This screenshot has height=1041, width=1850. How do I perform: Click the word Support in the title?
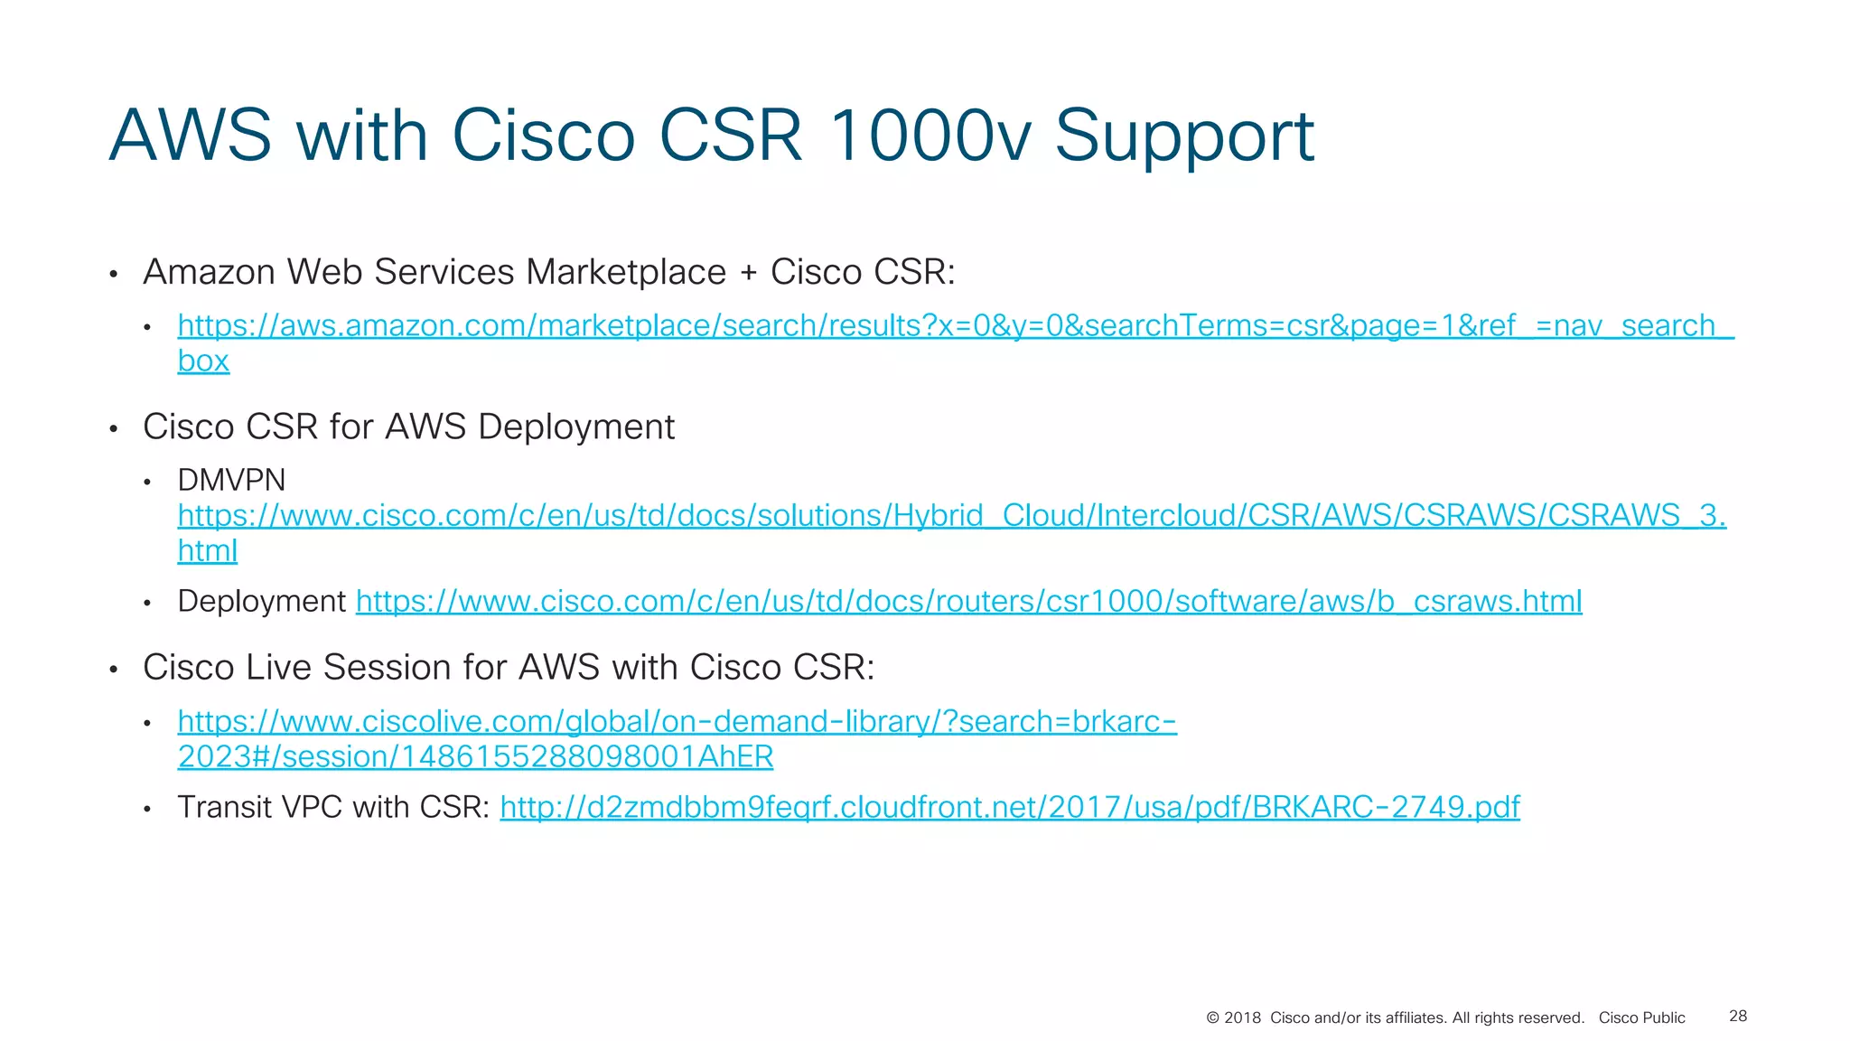coord(1183,137)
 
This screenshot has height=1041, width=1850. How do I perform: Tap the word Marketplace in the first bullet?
coord(626,272)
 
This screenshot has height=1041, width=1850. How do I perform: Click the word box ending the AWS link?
coord(203,361)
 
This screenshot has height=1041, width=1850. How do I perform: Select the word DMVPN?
coord(231,480)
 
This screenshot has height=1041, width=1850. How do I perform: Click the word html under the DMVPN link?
coord(207,550)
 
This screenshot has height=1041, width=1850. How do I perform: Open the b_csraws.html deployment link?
coord(968,602)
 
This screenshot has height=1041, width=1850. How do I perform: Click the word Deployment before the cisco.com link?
coord(261,602)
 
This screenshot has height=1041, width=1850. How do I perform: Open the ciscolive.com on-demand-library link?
coord(677,722)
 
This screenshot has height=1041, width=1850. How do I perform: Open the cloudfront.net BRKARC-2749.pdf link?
coord(1009,807)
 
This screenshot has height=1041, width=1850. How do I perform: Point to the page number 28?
coord(1737,1017)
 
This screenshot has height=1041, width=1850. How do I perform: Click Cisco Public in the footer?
coord(1641,1018)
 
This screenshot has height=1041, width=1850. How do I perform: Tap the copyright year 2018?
coord(1242,1018)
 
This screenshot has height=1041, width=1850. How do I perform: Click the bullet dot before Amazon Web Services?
coord(114,275)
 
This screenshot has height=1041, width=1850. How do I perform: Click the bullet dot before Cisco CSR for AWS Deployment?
coord(114,429)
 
